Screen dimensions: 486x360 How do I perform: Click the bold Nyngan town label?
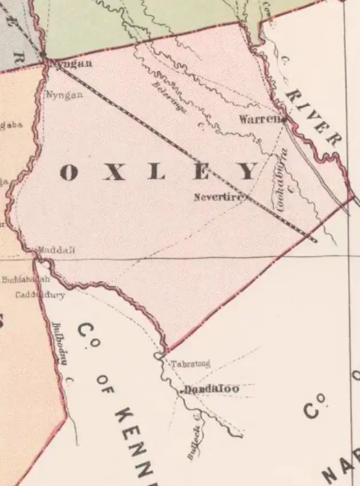[x=71, y=64]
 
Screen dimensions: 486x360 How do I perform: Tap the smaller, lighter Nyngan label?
[x=64, y=95]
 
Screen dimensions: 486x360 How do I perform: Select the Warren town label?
[x=259, y=119]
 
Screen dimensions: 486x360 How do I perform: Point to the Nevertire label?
[x=219, y=198]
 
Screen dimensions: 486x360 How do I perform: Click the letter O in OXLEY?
[x=69, y=172]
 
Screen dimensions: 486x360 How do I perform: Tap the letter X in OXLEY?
[x=114, y=172]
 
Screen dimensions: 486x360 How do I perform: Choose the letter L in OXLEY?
[x=156, y=172]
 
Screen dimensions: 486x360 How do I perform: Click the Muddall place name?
[x=56, y=250]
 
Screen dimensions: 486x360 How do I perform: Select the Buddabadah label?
[x=26, y=280]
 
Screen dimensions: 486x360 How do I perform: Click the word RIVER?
[x=314, y=118]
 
